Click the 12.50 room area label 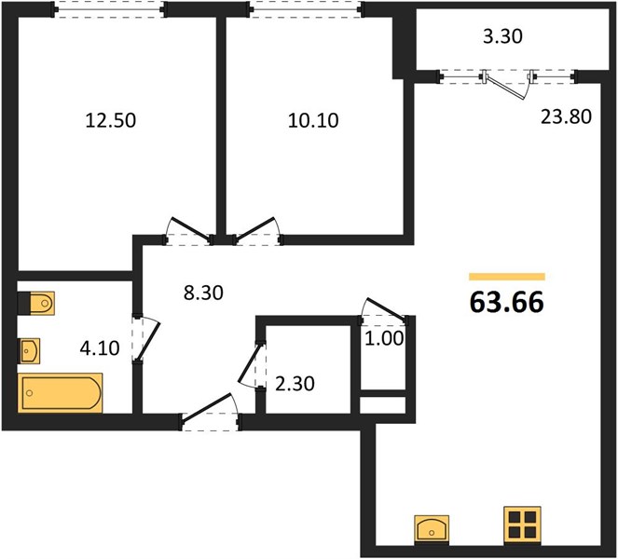click(111, 120)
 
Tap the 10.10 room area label click(313, 120)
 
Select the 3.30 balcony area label click(503, 36)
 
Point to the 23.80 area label click(566, 116)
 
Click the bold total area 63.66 click(507, 303)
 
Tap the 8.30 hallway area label click(203, 293)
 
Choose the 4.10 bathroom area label click(100, 348)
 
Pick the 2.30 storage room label click(295, 384)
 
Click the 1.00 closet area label click(384, 339)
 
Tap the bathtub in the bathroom click(61, 393)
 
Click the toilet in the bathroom click(36, 304)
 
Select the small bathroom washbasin click(30, 350)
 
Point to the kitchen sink click(432, 530)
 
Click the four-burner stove click(522, 524)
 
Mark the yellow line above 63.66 click(507, 277)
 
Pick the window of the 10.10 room click(307, 9)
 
